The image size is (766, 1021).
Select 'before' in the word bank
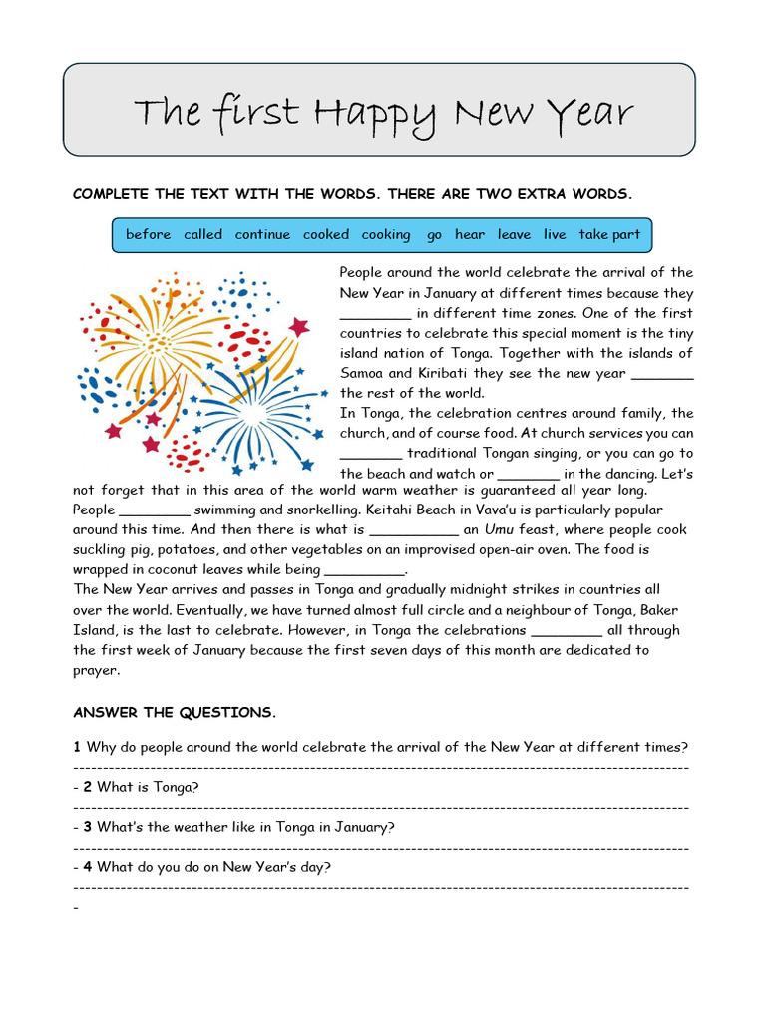tap(148, 235)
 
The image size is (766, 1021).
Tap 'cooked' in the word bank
tap(326, 235)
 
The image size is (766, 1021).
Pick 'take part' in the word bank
tap(609, 235)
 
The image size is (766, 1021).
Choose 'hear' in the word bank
tap(470, 235)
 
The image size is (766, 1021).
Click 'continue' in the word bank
tap(262, 235)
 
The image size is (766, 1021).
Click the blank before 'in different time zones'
tap(375, 315)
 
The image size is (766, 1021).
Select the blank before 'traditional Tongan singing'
tap(370, 455)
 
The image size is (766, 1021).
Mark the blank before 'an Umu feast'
tap(414, 531)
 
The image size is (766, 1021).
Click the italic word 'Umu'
tap(499, 530)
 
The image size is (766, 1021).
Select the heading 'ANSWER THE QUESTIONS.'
tap(175, 713)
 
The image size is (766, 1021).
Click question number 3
tap(88, 827)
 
